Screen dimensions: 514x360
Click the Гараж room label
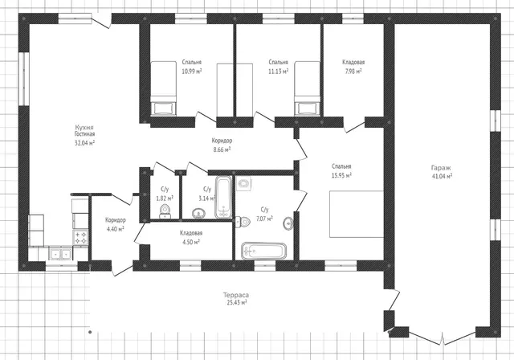coord(441,168)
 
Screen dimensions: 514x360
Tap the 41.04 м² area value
coord(443,176)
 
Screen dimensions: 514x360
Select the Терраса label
coord(236,295)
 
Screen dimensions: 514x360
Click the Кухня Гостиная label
coord(84,130)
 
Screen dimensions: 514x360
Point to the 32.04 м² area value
coord(85,142)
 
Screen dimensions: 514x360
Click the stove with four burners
coord(80,237)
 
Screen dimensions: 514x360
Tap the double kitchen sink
coord(61,254)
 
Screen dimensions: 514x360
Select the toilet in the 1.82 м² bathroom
coord(165,211)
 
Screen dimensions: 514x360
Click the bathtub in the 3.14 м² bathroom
coord(223,198)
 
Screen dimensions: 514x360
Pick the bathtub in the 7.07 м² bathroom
coord(264,252)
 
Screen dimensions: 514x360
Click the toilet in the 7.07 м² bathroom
coord(243,222)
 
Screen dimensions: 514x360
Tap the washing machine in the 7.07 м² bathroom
coord(243,183)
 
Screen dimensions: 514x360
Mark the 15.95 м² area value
coord(341,175)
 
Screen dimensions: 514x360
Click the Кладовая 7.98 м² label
coord(353,67)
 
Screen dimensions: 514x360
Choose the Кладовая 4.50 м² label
coord(191,237)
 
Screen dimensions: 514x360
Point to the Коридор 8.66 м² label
coord(222,145)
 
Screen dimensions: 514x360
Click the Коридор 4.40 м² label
coord(116,224)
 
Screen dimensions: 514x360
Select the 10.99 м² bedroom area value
coord(192,71)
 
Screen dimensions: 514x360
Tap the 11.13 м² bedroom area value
coord(279,71)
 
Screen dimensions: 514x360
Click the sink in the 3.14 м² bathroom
coord(198,213)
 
